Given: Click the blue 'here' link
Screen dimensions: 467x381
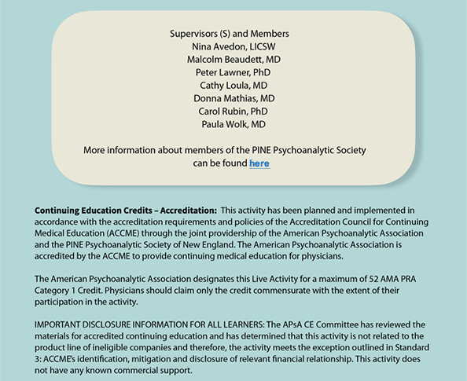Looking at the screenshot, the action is [259, 163].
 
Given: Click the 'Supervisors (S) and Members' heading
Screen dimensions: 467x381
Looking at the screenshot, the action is [230, 34].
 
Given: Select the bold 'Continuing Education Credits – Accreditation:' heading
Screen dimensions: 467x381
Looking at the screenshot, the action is [125, 211].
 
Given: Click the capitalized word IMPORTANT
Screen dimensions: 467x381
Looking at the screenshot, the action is [62, 324].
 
